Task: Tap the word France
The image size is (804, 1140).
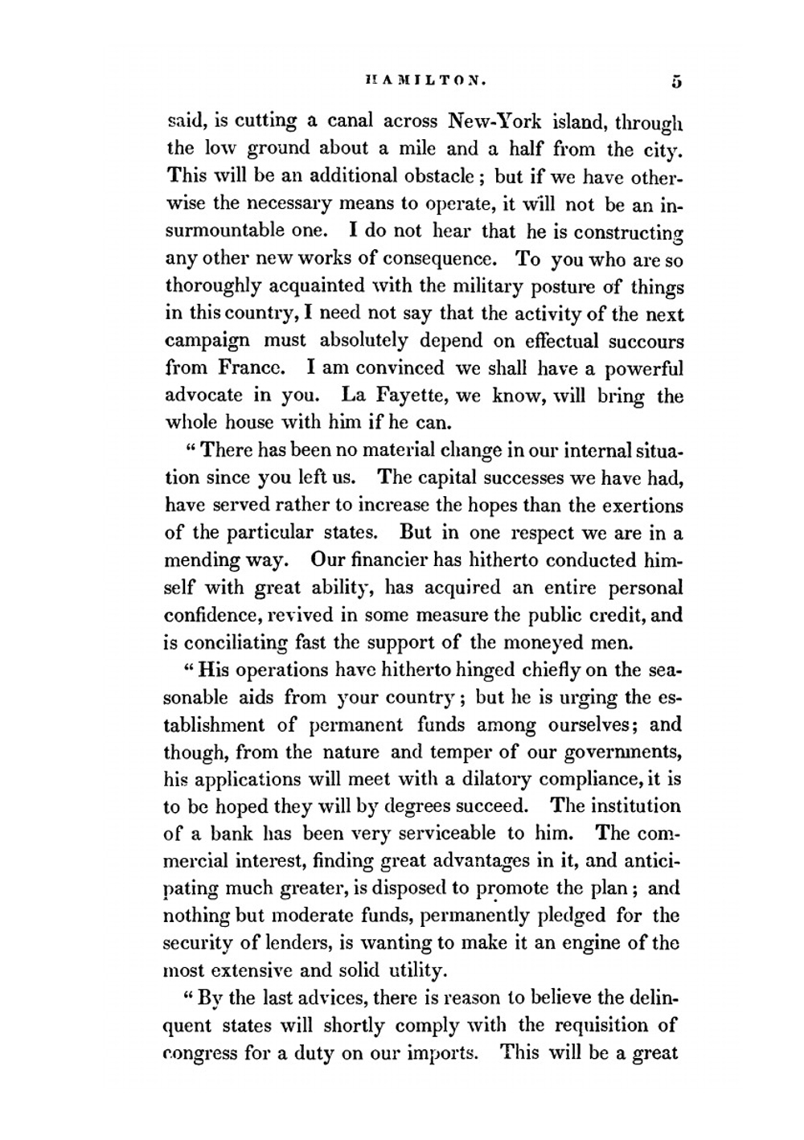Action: coord(252,368)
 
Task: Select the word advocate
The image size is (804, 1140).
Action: coord(203,396)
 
